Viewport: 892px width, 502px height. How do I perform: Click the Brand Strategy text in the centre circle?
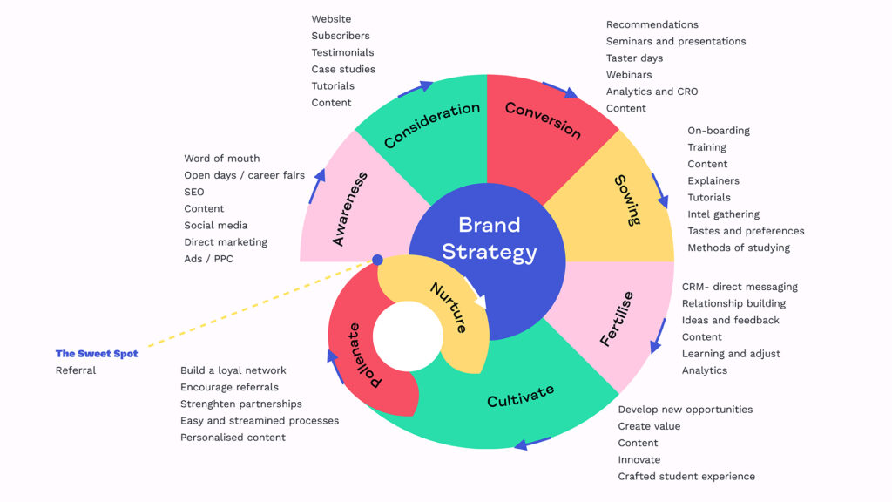(x=489, y=239)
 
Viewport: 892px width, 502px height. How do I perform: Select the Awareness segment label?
(x=350, y=209)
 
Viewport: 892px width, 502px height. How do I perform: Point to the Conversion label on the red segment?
(x=543, y=121)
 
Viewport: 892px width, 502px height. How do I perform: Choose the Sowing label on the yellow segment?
(x=627, y=200)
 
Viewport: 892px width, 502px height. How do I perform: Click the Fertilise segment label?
(x=617, y=319)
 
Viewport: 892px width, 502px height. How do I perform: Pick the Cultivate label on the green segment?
(x=520, y=396)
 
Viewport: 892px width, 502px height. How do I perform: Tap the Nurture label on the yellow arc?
(x=449, y=307)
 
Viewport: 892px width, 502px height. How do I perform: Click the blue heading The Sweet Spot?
(x=97, y=354)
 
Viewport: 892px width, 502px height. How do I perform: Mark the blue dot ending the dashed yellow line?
(x=377, y=260)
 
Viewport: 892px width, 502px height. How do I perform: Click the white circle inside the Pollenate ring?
(x=408, y=335)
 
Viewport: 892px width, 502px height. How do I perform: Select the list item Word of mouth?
(x=221, y=159)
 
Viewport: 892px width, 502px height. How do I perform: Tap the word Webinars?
(x=629, y=75)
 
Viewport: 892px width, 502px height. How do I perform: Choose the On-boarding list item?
(x=718, y=131)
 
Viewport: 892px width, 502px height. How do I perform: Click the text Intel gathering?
(x=723, y=214)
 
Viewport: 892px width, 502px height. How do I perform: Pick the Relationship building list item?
(x=733, y=303)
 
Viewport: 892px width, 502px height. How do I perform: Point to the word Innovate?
(x=639, y=459)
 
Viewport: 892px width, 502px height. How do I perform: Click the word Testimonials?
(x=342, y=52)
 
